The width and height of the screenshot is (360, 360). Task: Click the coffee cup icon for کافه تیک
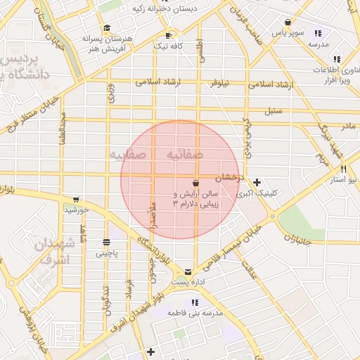167,35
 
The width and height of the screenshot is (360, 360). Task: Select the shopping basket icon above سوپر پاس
288,22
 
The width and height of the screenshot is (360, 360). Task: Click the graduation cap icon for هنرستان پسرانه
107,29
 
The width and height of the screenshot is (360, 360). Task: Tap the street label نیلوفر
221,82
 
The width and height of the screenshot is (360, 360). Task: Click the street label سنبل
273,111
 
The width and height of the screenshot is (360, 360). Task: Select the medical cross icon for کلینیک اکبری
257,182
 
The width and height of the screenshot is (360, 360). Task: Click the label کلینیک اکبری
257,193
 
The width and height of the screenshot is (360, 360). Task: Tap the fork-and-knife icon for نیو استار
343,169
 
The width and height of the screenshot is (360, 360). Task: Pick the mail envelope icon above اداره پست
188,271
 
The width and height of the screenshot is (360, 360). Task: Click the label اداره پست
188,282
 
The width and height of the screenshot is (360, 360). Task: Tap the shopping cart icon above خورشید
76,200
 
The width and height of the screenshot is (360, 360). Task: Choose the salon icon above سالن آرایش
195,184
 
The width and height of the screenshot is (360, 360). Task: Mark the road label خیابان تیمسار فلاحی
233,249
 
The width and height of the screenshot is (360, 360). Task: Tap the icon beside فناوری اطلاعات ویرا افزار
337,59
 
